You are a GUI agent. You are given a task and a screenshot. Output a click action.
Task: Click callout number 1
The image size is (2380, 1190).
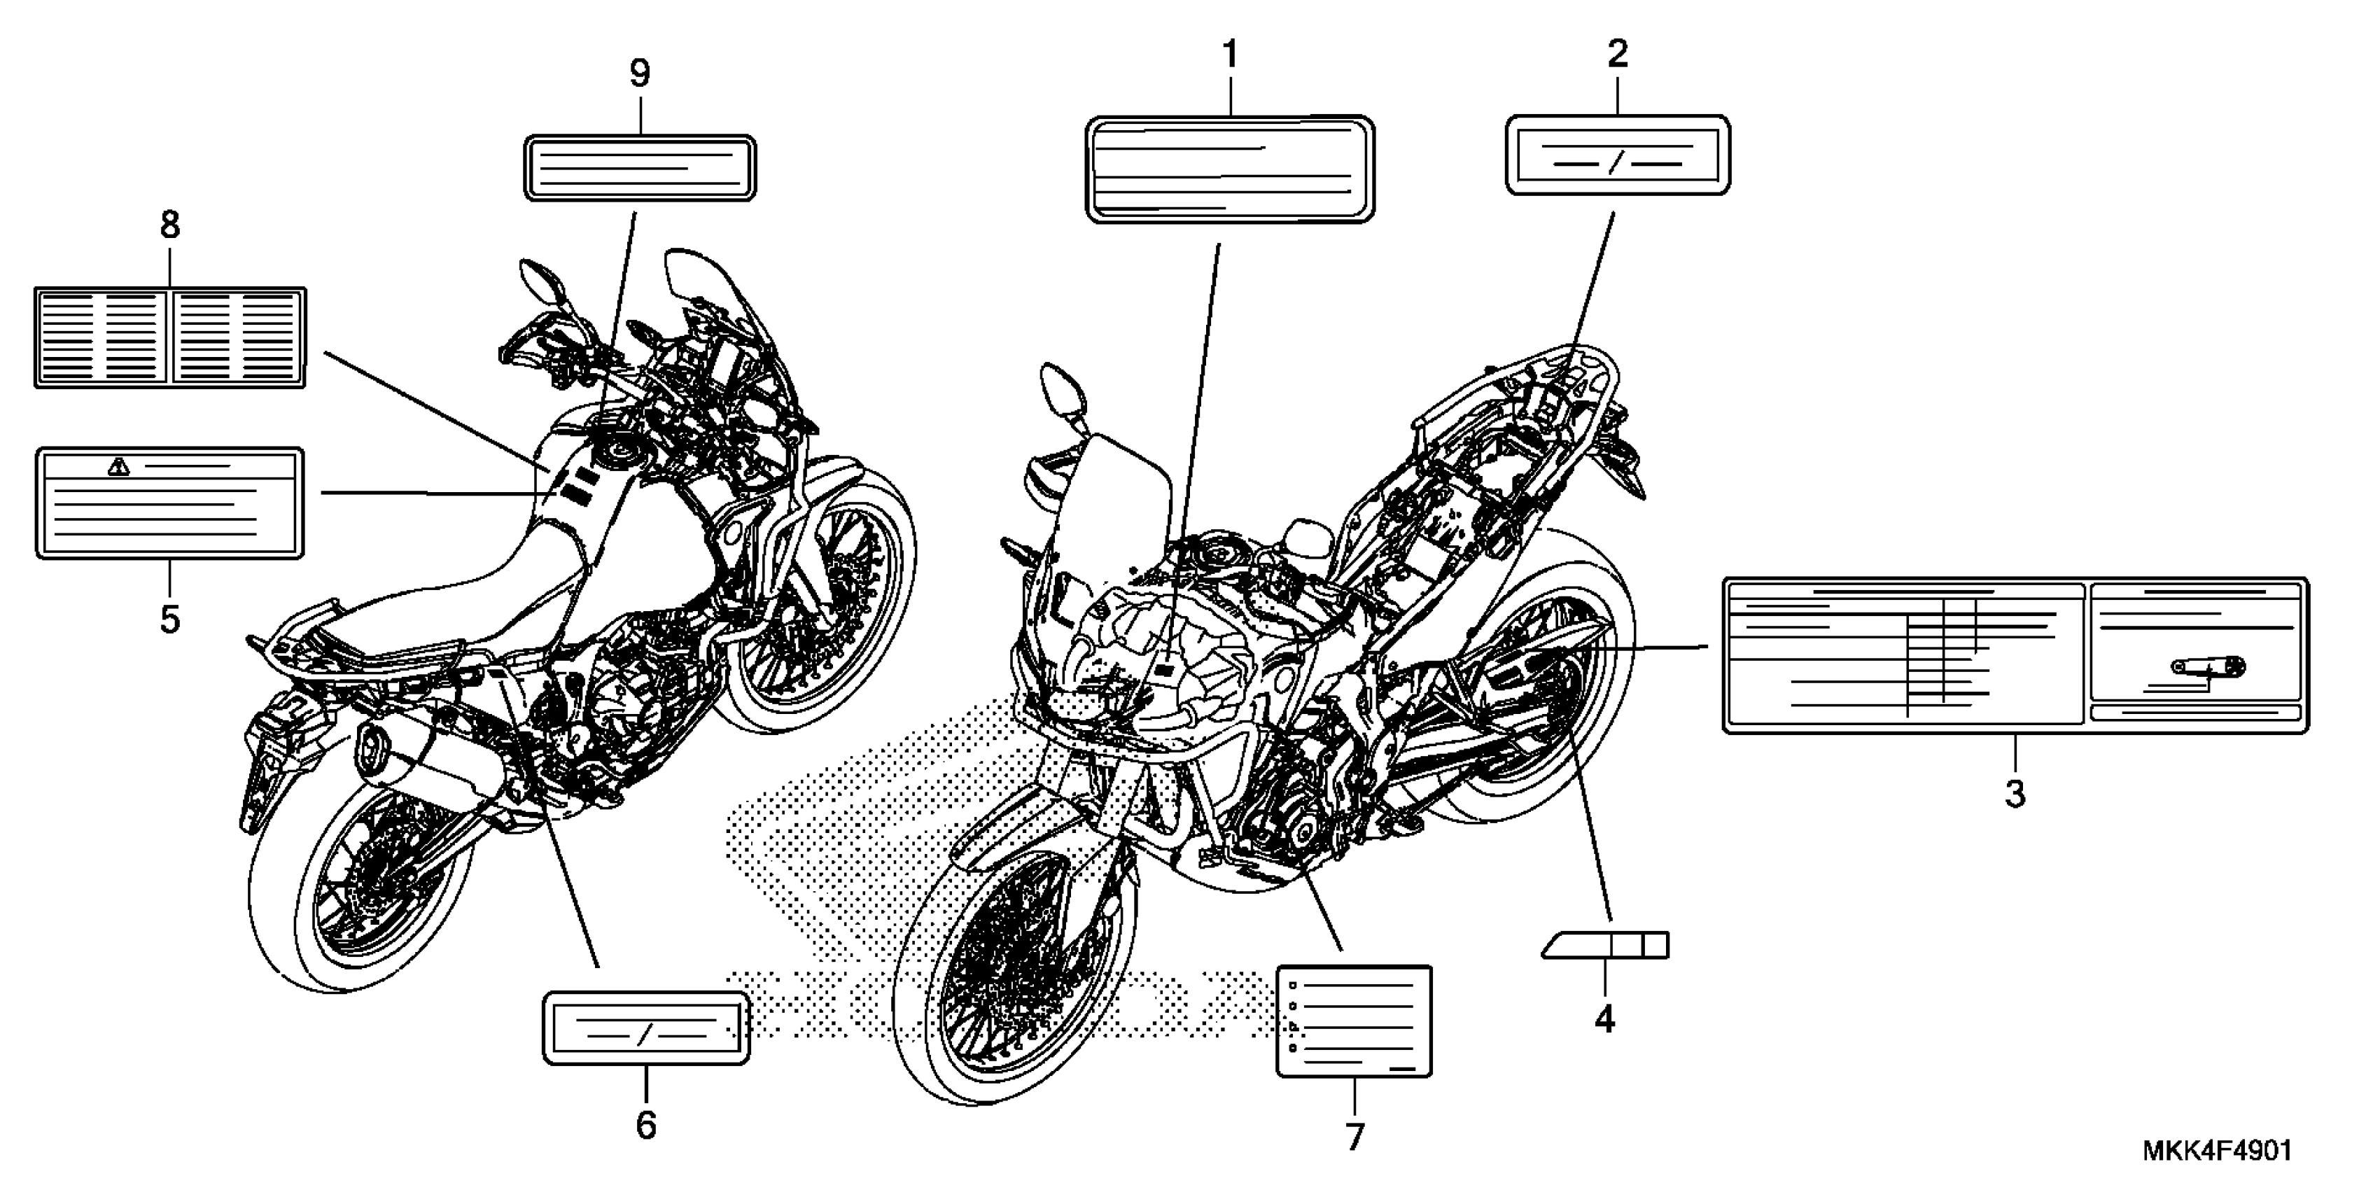pos(1230,55)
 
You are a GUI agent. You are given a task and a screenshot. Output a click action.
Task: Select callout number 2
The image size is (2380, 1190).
pos(1617,55)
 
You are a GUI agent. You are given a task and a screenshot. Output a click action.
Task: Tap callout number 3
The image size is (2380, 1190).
pos(2015,792)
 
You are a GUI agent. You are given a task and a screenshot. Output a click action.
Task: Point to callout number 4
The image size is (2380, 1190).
pos(1605,1019)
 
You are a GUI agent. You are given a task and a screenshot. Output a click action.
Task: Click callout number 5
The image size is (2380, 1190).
pos(170,619)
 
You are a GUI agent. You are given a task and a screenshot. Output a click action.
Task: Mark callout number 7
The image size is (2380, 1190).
pos(1354,1136)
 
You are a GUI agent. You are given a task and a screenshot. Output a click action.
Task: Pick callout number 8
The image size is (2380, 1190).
pos(170,225)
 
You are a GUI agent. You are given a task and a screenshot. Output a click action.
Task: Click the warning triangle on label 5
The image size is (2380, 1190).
pos(118,467)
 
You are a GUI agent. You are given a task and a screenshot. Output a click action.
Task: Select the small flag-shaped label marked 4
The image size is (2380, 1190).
pos(1606,944)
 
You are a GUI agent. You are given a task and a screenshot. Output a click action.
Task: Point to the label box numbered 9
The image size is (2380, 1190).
pos(639,168)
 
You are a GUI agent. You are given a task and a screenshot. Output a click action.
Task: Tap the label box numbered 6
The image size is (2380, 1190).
pos(646,1028)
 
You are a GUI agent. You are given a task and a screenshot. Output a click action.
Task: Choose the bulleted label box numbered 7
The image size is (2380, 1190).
pos(1354,1021)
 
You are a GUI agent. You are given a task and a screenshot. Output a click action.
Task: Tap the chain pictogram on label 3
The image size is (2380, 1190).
pos(2208,666)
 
